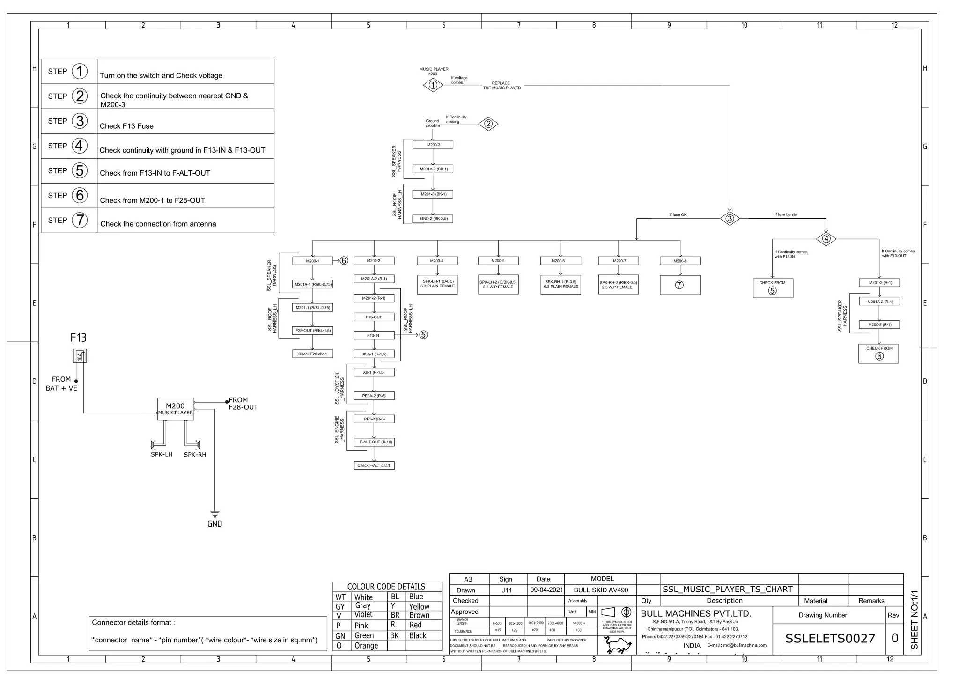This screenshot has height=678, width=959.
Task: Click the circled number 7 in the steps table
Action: [x=80, y=220]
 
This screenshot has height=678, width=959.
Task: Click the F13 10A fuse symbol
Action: [x=80, y=356]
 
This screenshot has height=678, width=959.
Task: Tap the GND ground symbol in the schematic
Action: [x=215, y=514]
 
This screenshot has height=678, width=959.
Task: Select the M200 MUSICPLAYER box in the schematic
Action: [x=175, y=409]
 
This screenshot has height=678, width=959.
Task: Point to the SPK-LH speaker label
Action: [x=162, y=455]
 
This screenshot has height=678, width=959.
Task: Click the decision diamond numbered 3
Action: [x=730, y=219]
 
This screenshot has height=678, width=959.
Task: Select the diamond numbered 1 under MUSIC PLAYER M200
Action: [x=433, y=85]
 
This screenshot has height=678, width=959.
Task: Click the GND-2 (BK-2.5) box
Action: [x=433, y=219]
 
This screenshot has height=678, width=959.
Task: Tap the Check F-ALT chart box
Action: [x=374, y=465]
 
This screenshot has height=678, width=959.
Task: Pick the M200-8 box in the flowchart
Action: [x=680, y=261]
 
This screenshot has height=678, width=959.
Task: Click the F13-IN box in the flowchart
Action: [x=374, y=335]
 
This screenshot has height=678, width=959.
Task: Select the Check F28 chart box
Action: [x=312, y=354]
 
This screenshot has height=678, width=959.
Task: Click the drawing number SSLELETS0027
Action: [x=830, y=639]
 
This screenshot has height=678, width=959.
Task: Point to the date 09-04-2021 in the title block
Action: [x=546, y=590]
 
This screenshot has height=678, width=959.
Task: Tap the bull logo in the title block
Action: [x=618, y=645]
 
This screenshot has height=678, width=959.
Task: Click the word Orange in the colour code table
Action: [x=366, y=646]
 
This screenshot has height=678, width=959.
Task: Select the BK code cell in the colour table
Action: [x=395, y=635]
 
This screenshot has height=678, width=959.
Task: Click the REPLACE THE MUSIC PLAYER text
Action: [x=502, y=86]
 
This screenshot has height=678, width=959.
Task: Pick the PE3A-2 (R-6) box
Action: [x=374, y=396]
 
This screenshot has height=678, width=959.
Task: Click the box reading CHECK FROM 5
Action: [x=773, y=288]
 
